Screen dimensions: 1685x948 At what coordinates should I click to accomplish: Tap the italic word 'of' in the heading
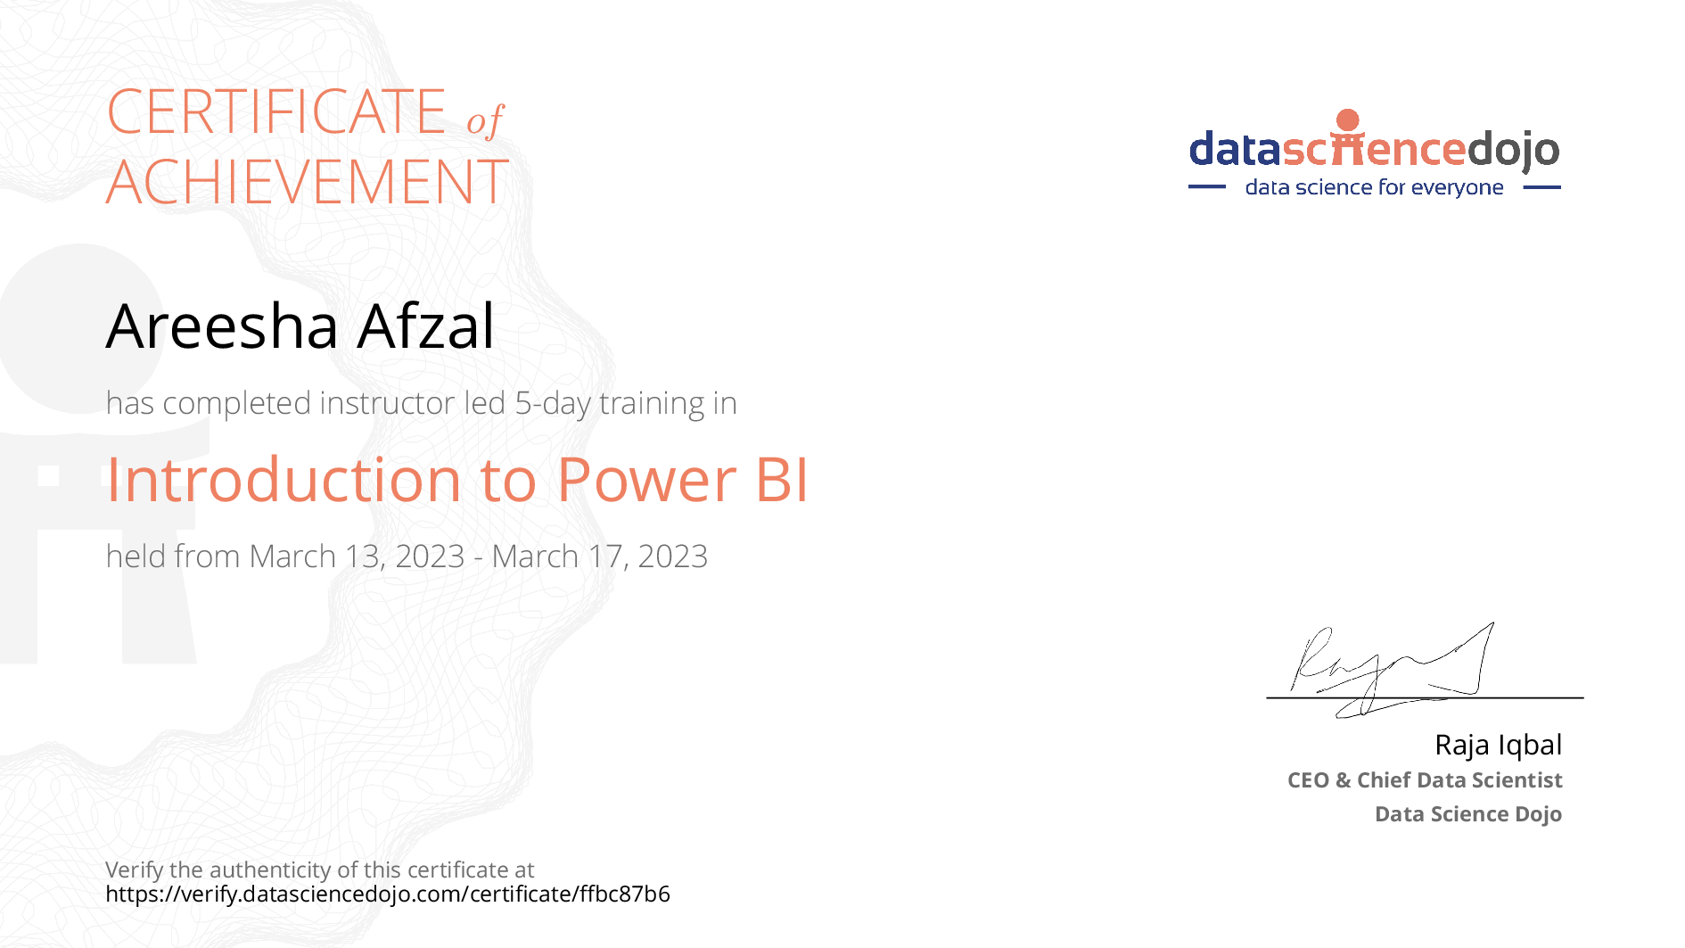pos(486,120)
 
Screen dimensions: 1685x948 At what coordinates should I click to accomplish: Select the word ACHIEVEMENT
pos(308,182)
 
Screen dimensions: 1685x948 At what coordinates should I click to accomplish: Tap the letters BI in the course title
pos(782,480)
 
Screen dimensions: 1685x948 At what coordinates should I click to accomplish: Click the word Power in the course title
pos(647,480)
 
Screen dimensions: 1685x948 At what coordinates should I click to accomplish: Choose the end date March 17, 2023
pos(600,556)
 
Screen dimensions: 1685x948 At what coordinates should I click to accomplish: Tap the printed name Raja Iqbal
pos(1498,745)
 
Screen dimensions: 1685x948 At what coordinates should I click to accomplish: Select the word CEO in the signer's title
pos(1309,780)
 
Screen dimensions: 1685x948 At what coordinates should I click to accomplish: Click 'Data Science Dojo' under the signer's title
pos(1468,814)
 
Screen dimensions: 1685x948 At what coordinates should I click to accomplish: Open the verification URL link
pos(388,894)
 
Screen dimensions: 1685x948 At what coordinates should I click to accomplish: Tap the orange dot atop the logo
pos(1348,120)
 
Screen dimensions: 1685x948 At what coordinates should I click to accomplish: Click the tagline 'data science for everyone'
pos(1374,187)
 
